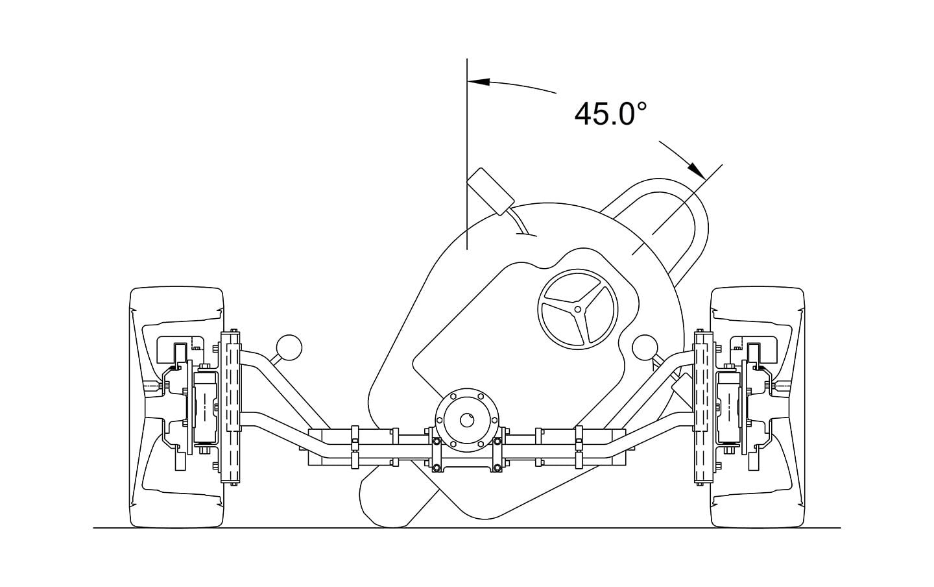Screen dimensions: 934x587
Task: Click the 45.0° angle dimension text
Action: click(x=610, y=114)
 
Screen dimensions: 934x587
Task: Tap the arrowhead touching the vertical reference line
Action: click(x=478, y=81)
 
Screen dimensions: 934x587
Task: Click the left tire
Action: click(x=177, y=408)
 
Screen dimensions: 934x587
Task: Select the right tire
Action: click(x=757, y=408)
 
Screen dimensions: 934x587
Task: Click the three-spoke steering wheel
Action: click(x=577, y=309)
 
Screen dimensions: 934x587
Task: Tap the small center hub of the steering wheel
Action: click(x=577, y=309)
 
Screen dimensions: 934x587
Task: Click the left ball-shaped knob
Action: click(x=289, y=347)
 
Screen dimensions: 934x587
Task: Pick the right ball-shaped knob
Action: click(x=645, y=347)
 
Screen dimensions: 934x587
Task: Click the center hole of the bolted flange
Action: click(x=466, y=420)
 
